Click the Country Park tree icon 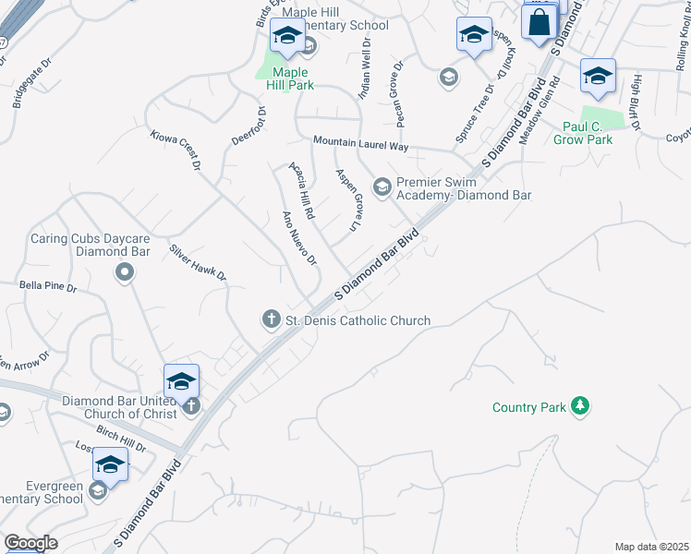580,405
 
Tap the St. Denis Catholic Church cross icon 272,319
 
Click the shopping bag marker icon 539,22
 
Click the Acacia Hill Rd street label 303,189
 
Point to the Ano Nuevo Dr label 299,238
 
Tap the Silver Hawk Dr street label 198,263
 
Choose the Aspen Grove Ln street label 347,199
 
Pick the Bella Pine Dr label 48,287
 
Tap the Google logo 30,543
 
